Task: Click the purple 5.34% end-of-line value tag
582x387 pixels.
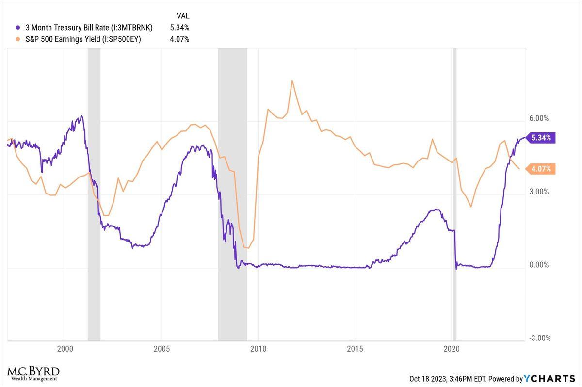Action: pos(541,138)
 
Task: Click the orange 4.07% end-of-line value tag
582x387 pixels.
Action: pos(541,169)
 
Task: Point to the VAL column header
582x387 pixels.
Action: pos(183,16)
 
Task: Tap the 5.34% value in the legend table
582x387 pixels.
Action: pos(179,28)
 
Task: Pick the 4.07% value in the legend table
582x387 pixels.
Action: pos(179,39)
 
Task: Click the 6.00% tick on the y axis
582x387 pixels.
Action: pos(538,118)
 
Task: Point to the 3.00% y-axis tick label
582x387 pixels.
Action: pos(538,192)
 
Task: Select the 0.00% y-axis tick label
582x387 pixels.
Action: pos(538,265)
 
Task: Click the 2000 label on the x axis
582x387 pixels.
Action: pos(65,349)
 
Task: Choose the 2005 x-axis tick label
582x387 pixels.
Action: pos(161,349)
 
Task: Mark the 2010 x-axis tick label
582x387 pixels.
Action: pos(258,349)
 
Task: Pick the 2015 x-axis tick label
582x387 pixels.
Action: pos(355,349)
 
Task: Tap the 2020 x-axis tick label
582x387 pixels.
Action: pos(452,349)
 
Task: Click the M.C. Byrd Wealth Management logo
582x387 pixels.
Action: pos(33,373)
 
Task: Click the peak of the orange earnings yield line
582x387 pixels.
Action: pos(292,81)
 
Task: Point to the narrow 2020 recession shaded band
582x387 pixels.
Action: pos(454,194)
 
